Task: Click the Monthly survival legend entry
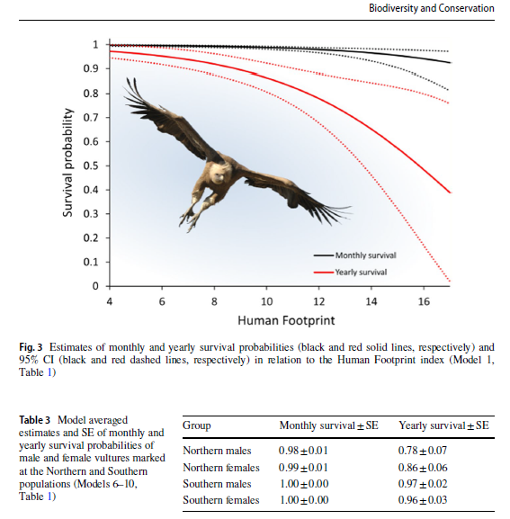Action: click(x=354, y=255)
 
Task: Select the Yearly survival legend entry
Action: click(x=350, y=272)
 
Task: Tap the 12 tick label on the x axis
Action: click(x=318, y=301)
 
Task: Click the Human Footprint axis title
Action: click(x=286, y=320)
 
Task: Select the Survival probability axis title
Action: click(x=67, y=163)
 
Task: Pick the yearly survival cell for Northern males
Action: click(x=423, y=450)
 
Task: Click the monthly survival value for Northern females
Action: click(x=303, y=468)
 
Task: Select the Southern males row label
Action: click(x=217, y=484)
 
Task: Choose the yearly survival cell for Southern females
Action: click(x=423, y=499)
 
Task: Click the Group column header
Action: click(x=197, y=425)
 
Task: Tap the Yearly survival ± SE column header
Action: click(x=443, y=425)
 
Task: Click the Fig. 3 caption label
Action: click(x=31, y=347)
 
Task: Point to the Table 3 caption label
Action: click(x=34, y=420)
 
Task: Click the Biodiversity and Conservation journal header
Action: click(x=432, y=8)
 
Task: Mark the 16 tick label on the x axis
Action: click(x=424, y=301)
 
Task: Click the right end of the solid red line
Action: click(x=451, y=192)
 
